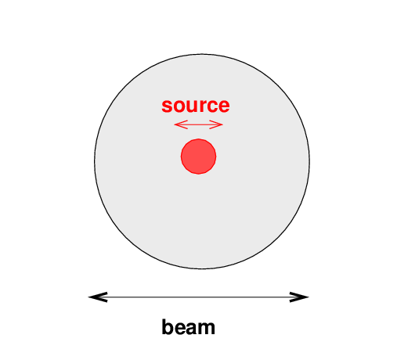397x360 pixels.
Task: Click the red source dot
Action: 198,157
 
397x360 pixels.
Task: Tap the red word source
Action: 196,106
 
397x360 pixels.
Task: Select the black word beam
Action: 188,327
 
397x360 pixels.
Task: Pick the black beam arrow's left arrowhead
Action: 98,297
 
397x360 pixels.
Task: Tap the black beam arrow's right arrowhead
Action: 299,297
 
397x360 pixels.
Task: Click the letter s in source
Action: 167,106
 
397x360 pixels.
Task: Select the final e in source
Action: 223,106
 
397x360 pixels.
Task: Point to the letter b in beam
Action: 168,327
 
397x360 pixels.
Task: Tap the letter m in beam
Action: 206,329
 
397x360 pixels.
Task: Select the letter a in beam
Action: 191,329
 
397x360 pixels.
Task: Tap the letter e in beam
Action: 179,329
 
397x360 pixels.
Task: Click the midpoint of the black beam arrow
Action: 199,297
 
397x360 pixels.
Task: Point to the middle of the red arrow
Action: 198,124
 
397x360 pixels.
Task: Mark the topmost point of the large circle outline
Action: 202,54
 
